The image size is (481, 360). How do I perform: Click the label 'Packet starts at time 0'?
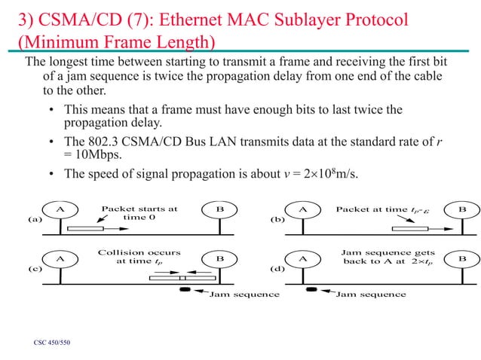coord(139,213)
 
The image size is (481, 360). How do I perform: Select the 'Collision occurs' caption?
coord(139,252)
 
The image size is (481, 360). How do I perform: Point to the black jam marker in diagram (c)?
coord(184,289)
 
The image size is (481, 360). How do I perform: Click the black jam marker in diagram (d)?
coord(310,289)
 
